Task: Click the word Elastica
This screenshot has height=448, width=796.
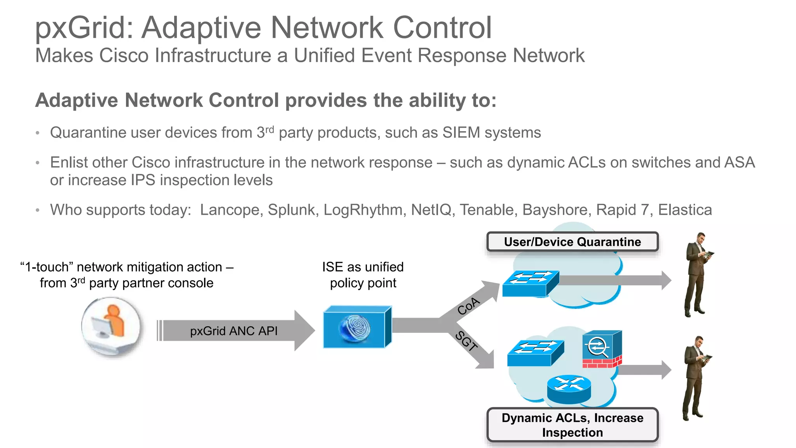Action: pos(685,210)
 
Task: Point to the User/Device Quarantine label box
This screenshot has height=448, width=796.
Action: pos(572,242)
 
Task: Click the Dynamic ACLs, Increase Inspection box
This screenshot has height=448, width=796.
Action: pos(572,425)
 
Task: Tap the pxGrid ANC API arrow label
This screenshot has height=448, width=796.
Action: pos(234,331)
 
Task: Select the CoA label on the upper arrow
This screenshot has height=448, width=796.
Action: pos(469,306)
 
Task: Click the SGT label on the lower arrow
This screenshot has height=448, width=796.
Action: pos(466,341)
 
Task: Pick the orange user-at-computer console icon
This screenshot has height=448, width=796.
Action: pos(111,326)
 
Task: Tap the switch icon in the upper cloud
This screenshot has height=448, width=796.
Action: pos(531,283)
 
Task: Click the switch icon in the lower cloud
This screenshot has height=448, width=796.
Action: pos(535,353)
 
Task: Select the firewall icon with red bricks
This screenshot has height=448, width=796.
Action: pos(602,349)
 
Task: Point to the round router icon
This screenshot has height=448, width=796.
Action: pos(569,389)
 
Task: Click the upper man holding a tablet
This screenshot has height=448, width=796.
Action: pos(696,274)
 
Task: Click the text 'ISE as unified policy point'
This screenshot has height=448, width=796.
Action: pos(363,275)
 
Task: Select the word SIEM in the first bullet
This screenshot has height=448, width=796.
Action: pos(461,133)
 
